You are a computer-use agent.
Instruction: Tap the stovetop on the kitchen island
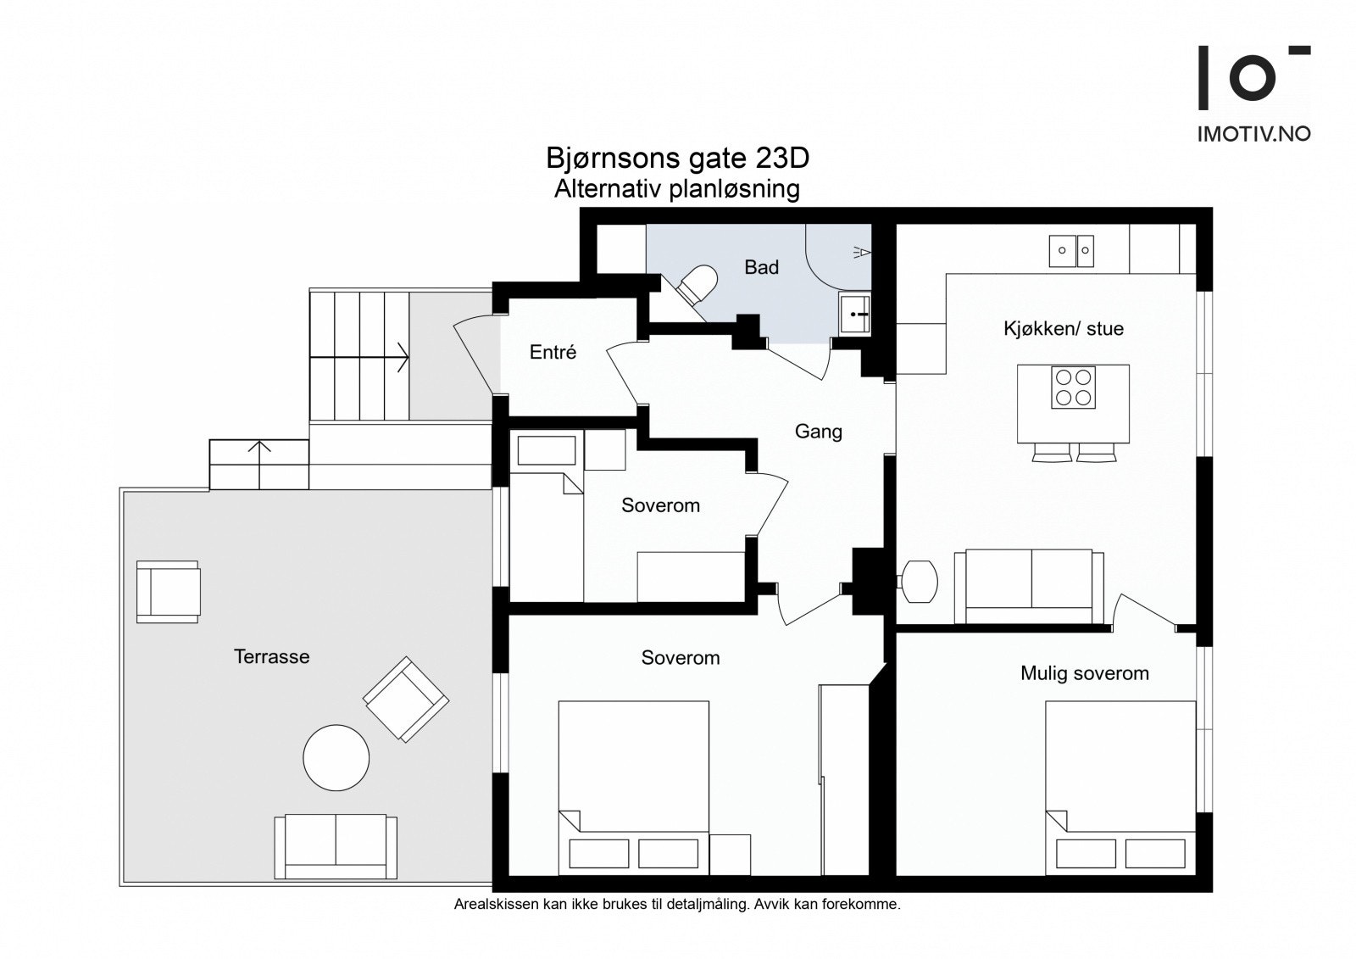pos(1073,388)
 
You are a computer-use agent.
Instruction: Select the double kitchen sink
pos(1071,251)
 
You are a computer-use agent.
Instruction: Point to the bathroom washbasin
pos(855,315)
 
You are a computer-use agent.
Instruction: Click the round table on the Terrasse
pos(336,757)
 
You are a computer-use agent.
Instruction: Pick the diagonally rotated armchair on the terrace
pos(406,699)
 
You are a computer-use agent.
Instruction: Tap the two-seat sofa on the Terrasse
pos(336,846)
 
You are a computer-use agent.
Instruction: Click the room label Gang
pos(819,432)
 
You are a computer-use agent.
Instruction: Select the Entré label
pos(553,352)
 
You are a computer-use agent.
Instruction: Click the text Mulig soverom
pos(1085,673)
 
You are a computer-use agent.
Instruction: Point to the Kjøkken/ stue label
pos(1064,329)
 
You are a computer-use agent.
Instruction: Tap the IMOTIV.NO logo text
pos(1253,134)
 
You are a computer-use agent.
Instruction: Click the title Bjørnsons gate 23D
pos(677,159)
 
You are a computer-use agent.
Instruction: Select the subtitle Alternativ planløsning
pos(677,189)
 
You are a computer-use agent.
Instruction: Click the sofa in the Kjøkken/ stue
pos(1029,587)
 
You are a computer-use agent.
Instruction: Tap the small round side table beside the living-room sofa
pos(920,582)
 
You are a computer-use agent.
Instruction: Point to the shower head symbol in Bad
pos(862,252)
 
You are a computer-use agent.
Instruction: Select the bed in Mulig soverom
pos(1120,788)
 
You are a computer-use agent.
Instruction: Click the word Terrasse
pos(272,656)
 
